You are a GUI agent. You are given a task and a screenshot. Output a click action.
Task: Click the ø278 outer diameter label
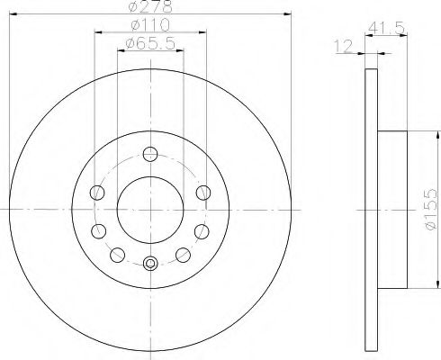(x=149, y=7)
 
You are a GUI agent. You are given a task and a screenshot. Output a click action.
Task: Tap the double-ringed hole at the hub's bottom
(x=149, y=264)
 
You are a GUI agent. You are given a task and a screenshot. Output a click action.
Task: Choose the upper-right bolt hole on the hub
(x=202, y=192)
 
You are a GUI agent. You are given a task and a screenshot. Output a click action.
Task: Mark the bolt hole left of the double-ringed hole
(x=115, y=253)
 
